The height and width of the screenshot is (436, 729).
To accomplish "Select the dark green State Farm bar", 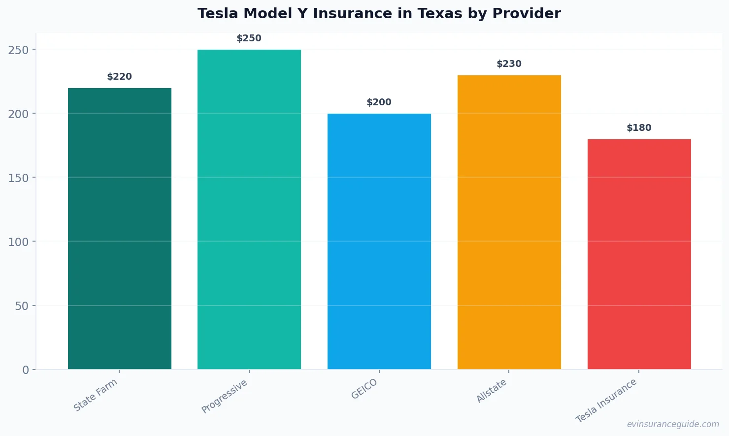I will point(120,229).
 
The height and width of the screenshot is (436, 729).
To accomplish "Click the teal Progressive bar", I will point(249,209).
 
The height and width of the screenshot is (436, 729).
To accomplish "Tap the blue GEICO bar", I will point(379,241).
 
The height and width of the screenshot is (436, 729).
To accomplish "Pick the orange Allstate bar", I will point(509,222).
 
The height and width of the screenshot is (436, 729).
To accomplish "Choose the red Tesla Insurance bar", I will point(639,254).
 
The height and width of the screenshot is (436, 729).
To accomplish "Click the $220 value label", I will point(120,77).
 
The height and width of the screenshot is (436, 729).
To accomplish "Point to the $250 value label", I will point(249,38).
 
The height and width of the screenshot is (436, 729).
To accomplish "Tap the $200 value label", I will point(379,102).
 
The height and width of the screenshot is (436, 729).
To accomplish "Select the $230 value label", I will point(509,64).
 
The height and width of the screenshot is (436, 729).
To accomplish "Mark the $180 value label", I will point(639,128).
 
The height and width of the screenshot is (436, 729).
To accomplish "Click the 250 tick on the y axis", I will point(18,50).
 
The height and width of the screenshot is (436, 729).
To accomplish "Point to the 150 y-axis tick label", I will point(18,178).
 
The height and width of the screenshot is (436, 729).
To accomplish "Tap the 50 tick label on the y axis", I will point(22,306).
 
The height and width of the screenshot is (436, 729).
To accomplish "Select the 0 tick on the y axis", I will point(26,370).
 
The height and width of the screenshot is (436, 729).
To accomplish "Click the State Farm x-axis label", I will point(96,395).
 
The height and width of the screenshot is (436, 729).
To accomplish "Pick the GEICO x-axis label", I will point(364,389).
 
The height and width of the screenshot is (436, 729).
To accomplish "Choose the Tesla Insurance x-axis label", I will point(606,401).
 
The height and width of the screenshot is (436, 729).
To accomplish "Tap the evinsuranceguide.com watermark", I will point(673,424).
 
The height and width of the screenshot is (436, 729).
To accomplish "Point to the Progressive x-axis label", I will point(225,397).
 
